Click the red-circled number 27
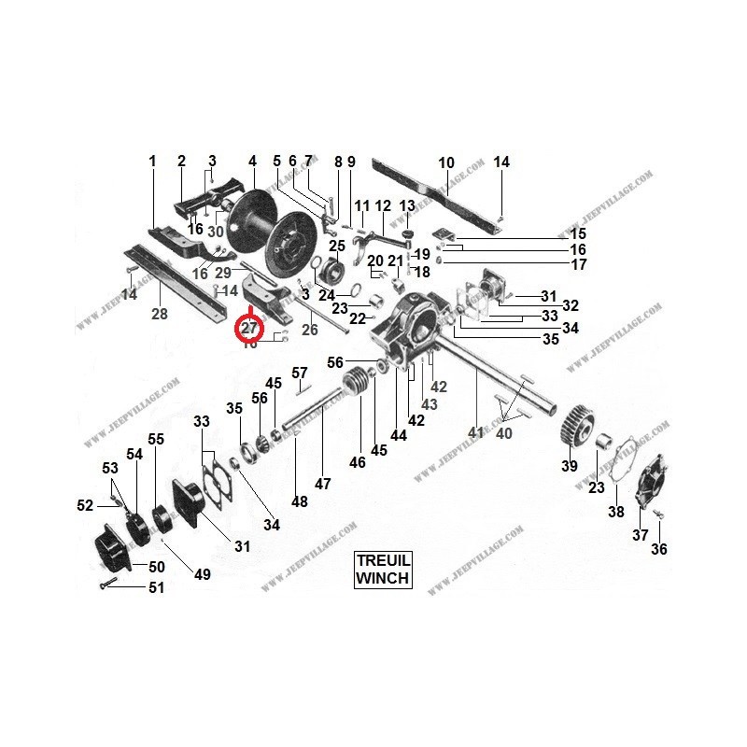(x=249, y=328)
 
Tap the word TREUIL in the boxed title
(x=383, y=561)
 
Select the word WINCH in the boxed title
(x=383, y=578)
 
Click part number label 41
(x=476, y=432)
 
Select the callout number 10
(x=445, y=162)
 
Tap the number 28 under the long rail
(x=160, y=315)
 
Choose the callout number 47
(x=322, y=484)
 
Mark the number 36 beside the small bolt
(x=659, y=550)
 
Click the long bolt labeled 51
(x=106, y=584)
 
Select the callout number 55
(x=156, y=439)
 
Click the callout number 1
(x=152, y=162)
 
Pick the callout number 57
(x=300, y=373)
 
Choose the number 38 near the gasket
(x=616, y=512)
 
